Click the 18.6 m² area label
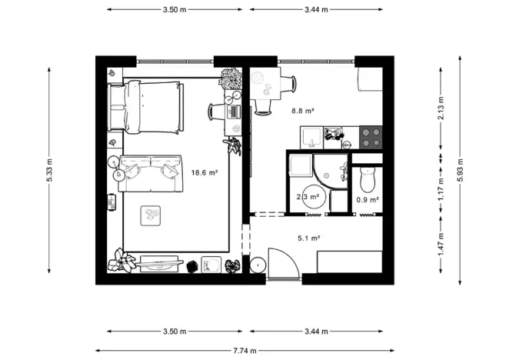(x=205, y=173)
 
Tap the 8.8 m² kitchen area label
(x=302, y=111)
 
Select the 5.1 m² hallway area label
(x=308, y=238)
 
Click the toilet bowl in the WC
(x=367, y=180)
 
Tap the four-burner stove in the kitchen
(x=372, y=137)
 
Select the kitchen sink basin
(x=311, y=136)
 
